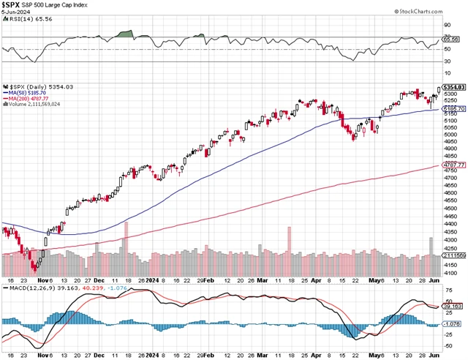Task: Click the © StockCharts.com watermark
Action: pyautogui.click(x=437, y=12)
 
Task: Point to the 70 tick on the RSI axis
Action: pyautogui.click(x=448, y=37)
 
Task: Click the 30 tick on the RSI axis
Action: pyautogui.click(x=448, y=61)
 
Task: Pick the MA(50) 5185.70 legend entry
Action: pyautogui.click(x=26, y=93)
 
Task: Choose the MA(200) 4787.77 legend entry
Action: pyautogui.click(x=28, y=99)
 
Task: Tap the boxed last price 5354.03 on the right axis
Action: pyautogui.click(x=453, y=87)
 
